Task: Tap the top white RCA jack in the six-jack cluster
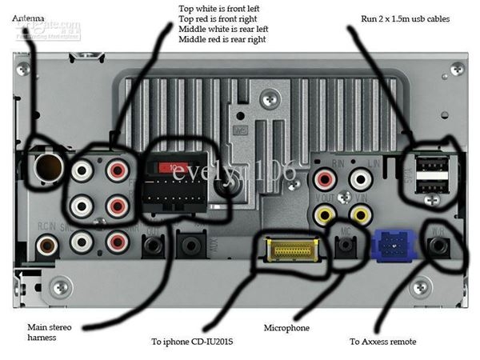[x=82, y=170]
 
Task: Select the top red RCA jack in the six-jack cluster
[x=117, y=170]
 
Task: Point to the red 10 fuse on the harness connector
[x=174, y=168]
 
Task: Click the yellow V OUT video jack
[x=326, y=214]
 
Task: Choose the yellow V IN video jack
[x=361, y=214]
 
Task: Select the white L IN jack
[x=361, y=179]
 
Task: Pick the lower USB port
[x=432, y=186]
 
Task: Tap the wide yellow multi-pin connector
[x=292, y=250]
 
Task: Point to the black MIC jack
[x=346, y=246]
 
